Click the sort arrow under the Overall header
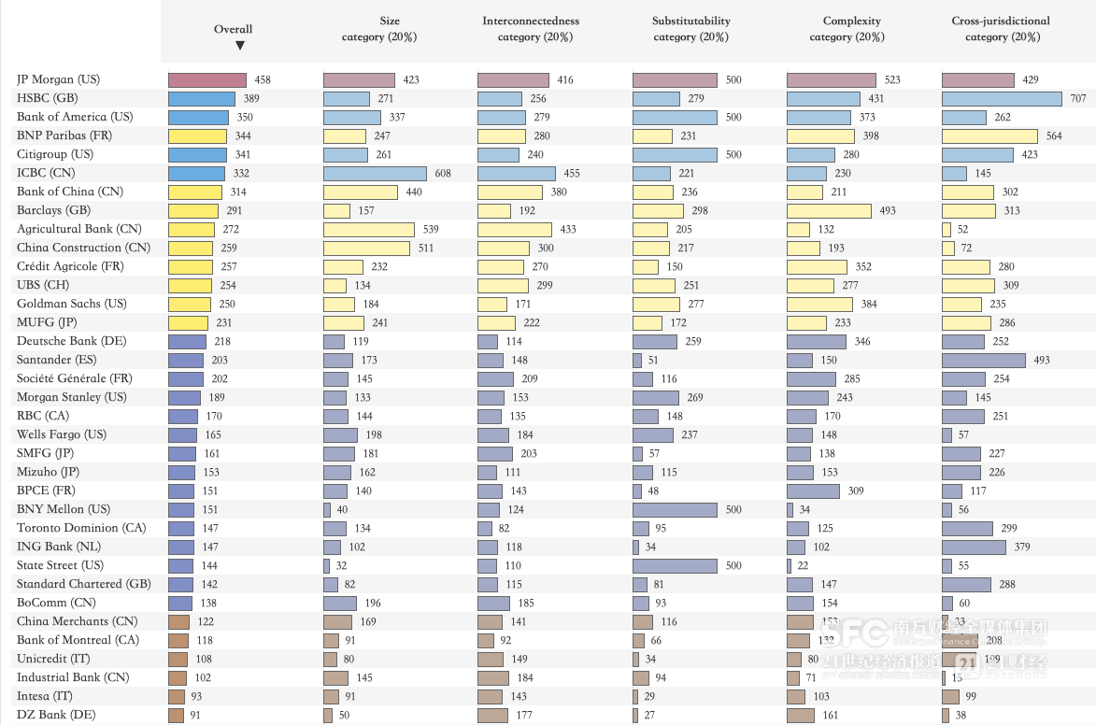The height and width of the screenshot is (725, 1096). coord(240,45)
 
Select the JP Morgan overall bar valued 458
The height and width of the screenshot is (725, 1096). coord(207,80)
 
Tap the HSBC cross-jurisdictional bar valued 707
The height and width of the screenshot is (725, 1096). coord(1002,99)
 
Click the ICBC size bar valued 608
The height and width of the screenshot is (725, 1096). coord(375,174)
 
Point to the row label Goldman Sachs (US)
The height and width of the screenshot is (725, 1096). coord(71,304)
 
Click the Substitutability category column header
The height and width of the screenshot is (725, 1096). coord(691,29)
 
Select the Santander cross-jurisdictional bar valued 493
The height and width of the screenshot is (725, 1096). coord(984,361)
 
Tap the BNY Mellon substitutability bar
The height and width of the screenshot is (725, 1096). coord(675,510)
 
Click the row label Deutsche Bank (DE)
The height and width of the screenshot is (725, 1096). coord(71,341)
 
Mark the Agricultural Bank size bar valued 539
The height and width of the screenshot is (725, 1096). coord(369,230)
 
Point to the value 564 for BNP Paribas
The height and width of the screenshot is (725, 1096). coord(1053,136)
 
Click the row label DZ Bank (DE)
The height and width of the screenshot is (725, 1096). coord(56,715)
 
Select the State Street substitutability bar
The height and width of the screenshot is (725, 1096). coord(675,566)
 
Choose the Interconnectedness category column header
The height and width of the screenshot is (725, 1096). coord(531,29)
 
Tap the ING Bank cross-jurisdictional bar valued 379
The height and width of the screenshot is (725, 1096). coord(974,547)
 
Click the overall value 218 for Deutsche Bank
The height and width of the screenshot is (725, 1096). coord(222,342)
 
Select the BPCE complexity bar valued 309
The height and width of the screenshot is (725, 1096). coord(814,491)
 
